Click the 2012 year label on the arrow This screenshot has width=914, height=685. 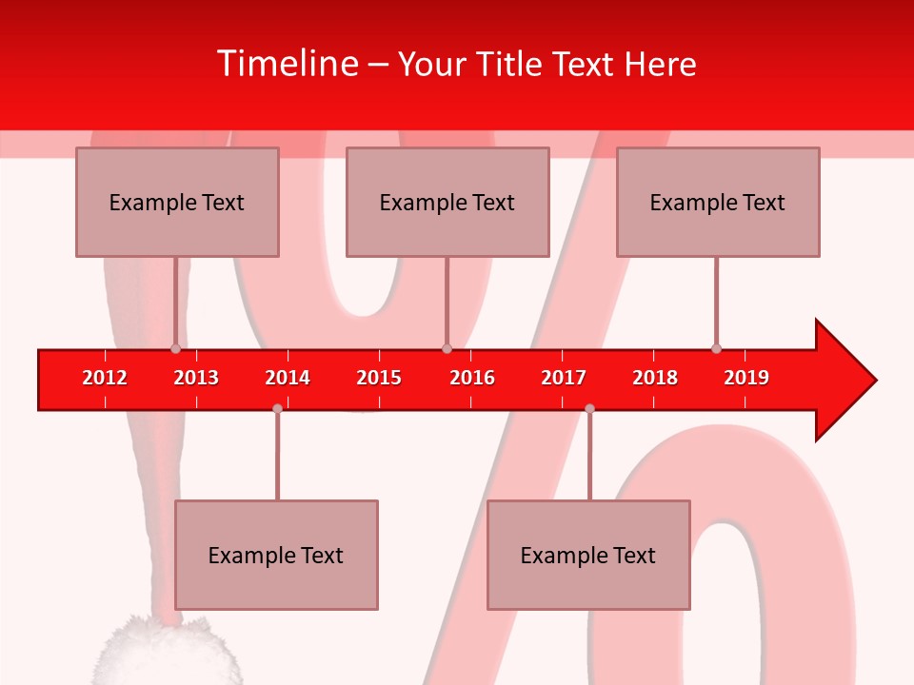click(x=105, y=378)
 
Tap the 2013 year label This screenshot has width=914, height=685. click(x=196, y=378)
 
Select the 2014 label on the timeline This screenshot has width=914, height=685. click(x=288, y=378)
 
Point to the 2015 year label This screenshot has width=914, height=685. click(x=379, y=378)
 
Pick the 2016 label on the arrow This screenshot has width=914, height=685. click(x=472, y=378)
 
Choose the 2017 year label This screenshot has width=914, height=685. click(x=564, y=378)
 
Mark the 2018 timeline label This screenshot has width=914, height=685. click(x=655, y=378)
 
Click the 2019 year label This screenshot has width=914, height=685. click(x=746, y=378)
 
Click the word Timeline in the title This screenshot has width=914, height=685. click(x=285, y=64)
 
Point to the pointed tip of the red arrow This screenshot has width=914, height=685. click(x=873, y=381)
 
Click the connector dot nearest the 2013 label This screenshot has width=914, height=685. click(x=175, y=348)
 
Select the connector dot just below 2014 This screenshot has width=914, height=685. click(x=277, y=408)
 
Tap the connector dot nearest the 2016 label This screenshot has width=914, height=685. click(x=447, y=348)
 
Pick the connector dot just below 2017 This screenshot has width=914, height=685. click(x=589, y=408)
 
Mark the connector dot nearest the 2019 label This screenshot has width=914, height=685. click(x=716, y=348)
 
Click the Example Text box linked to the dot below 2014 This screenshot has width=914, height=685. click(x=276, y=555)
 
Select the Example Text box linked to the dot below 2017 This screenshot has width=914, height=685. click(x=588, y=555)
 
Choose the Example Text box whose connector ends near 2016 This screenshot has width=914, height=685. click(x=447, y=202)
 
